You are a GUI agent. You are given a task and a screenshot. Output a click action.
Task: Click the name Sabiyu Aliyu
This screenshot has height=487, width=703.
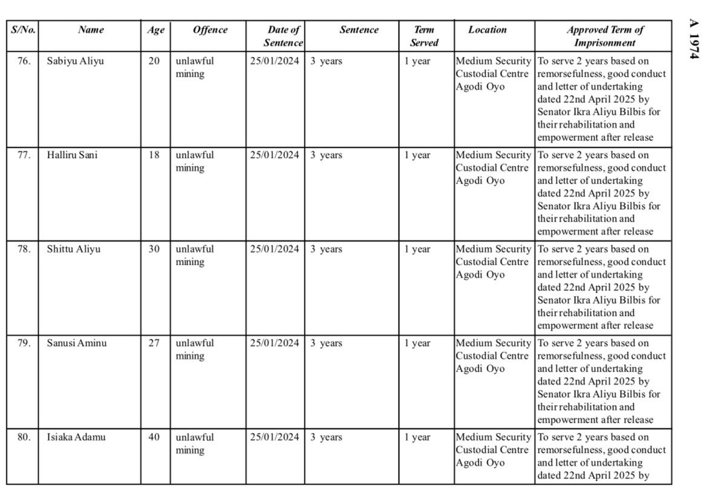coord(75,61)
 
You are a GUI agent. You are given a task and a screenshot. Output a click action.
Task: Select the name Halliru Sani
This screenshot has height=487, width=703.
coord(72,155)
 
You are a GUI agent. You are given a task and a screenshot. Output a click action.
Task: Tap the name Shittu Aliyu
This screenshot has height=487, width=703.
coord(74,249)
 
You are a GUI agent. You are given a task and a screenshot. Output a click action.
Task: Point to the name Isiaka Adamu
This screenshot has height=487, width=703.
coord(76,437)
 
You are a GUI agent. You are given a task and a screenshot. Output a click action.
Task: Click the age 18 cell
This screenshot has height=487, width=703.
coord(154,155)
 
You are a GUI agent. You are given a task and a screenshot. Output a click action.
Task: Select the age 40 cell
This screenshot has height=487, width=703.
coord(154,437)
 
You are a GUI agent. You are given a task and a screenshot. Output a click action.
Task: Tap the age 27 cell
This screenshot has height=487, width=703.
coord(154,343)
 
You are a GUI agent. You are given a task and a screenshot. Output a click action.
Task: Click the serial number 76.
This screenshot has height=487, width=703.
coord(24,61)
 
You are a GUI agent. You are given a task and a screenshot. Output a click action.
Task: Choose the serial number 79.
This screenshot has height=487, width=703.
coord(24,343)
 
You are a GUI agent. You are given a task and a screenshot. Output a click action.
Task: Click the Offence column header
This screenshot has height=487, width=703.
coord(210,30)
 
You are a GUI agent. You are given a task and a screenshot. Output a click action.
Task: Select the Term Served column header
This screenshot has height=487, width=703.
coord(423,36)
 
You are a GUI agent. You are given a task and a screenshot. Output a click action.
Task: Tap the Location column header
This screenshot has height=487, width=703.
coord(487,30)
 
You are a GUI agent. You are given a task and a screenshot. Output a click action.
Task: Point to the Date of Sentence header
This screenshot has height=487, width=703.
coord(283,36)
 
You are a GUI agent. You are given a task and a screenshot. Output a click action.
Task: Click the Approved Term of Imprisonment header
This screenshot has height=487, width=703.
coord(604,36)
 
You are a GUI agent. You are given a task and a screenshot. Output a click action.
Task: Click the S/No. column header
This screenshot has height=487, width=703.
coord(23,30)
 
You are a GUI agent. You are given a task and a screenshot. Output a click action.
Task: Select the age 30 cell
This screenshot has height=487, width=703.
coord(154,249)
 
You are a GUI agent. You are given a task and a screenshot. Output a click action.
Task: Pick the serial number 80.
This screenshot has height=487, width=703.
coord(24,437)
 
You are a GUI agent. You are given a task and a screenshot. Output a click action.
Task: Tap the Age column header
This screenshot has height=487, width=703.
coord(155,30)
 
